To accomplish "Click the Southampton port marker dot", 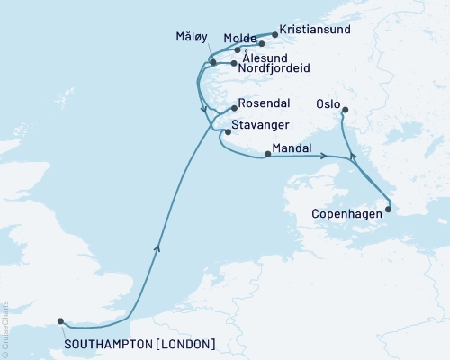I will pos(60,320).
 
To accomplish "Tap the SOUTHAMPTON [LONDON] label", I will pos(139,344).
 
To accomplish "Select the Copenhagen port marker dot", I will pos(389,210).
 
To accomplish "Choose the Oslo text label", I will pos(328,103).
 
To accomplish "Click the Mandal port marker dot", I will pos(267,154).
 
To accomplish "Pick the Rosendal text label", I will pos(265,103).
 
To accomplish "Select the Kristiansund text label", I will pos(313,28).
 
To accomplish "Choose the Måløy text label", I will pos(191,37).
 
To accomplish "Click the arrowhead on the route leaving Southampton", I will pos(158,247).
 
